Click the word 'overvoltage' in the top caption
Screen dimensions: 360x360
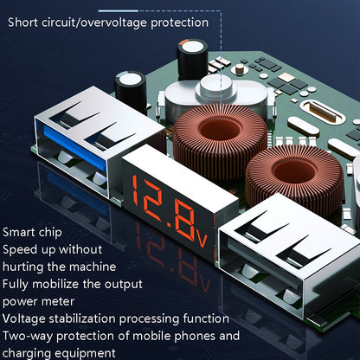point(113,22)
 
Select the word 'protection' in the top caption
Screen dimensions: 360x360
point(179,22)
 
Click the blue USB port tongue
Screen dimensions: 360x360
point(75,148)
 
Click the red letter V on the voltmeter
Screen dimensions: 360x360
point(202,238)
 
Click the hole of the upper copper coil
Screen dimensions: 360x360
point(220,130)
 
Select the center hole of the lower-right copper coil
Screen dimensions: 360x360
point(294,171)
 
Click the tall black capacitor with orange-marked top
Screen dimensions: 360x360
point(193,60)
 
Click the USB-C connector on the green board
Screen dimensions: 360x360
point(323,112)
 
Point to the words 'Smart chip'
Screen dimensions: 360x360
point(32,233)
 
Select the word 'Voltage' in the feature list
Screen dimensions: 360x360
point(24,319)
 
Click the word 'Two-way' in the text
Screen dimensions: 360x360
point(28,337)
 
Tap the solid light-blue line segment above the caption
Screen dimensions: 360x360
point(119,11)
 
